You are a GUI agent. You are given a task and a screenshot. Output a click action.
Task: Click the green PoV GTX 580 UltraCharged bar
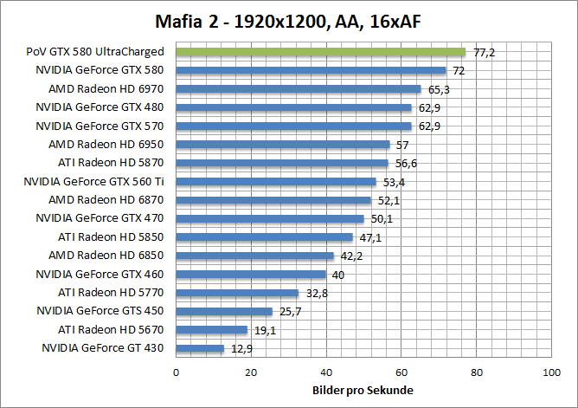(x=320, y=52)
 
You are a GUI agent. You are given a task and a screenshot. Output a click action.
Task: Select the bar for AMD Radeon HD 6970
(x=298, y=88)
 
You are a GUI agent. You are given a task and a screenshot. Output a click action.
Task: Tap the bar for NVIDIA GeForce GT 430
(x=200, y=348)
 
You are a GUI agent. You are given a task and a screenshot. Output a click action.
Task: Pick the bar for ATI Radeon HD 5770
(x=237, y=293)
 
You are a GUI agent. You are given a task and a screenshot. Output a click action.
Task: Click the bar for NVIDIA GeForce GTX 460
(x=251, y=275)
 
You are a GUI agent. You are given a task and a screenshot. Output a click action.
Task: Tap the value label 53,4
(x=395, y=182)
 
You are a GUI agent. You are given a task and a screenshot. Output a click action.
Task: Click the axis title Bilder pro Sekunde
(x=363, y=390)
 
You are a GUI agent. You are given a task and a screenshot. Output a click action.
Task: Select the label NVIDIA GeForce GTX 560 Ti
(x=94, y=181)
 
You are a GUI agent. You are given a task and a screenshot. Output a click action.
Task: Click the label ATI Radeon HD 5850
(x=111, y=236)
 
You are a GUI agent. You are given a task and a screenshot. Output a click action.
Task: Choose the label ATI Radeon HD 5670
(x=111, y=330)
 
